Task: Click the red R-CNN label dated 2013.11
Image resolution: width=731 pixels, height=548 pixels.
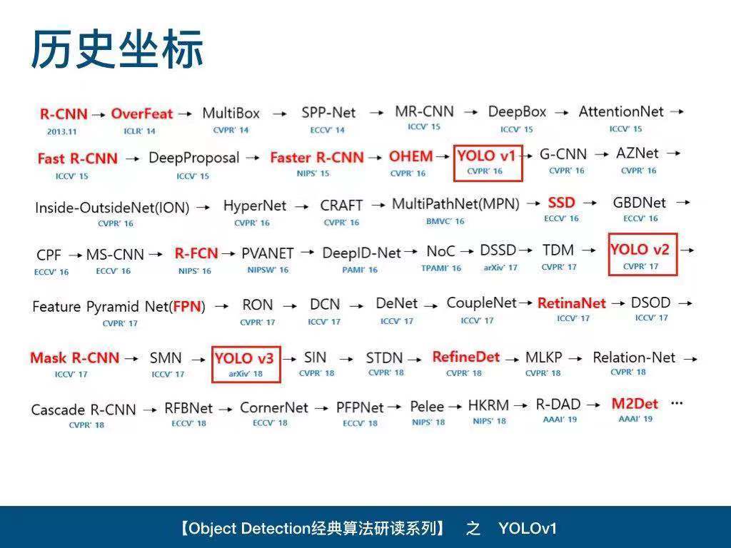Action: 64,113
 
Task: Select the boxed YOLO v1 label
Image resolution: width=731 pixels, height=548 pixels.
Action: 486,156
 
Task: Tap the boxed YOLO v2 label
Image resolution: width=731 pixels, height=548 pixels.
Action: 640,250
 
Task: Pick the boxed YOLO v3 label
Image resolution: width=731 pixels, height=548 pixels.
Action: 244,358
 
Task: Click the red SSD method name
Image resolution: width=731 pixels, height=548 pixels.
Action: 561,203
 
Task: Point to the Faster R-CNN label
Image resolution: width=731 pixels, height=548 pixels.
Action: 317,158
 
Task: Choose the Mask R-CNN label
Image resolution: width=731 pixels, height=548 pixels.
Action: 74,358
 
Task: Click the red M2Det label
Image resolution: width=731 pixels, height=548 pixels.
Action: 635,404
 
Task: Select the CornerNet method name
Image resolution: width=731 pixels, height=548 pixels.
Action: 274,407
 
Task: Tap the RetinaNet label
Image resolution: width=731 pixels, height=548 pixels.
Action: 572,303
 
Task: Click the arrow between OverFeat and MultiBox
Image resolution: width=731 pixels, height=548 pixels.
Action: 185,113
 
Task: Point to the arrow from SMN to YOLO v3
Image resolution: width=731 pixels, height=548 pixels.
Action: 198,360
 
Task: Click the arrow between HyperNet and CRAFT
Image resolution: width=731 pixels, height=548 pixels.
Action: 302,206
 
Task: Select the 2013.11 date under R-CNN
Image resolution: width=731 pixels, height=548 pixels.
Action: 61,132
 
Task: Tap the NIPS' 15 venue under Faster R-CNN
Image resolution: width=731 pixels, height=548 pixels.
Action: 313,173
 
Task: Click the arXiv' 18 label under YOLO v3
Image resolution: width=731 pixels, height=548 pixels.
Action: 246,374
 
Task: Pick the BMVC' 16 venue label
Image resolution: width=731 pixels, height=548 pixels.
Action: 445,221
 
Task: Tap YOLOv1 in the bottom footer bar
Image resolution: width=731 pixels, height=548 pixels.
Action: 528,529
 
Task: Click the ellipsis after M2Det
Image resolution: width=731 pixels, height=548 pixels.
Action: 677,403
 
